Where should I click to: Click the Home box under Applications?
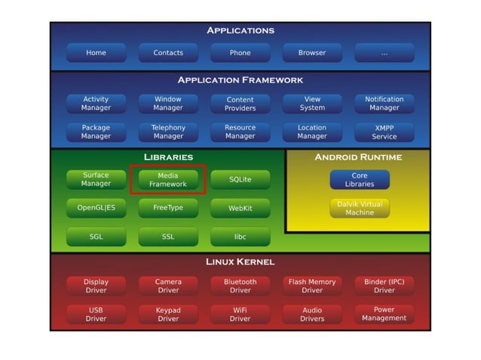coord(96,53)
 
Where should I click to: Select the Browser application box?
coord(312,53)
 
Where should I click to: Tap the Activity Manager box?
coord(96,103)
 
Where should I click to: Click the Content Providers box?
coord(240,104)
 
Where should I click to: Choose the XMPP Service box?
coord(384,133)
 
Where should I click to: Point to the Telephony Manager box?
coord(168,133)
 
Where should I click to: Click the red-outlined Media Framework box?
coord(168,179)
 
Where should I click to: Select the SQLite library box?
coord(240,179)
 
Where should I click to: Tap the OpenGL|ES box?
coord(96,208)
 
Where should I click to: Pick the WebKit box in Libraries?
coord(240,208)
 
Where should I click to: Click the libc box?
coord(240,236)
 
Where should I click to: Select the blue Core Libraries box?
coord(360,179)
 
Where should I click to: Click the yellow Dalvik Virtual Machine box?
coord(360,208)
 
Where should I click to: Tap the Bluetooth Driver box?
coord(240,285)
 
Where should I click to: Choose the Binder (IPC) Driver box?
coord(384,285)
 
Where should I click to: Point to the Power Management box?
coord(384,314)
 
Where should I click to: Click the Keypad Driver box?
coord(168,314)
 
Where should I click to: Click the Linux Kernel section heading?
coord(240,262)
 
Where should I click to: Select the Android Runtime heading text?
coord(358,157)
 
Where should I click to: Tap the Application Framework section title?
coord(240,80)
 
